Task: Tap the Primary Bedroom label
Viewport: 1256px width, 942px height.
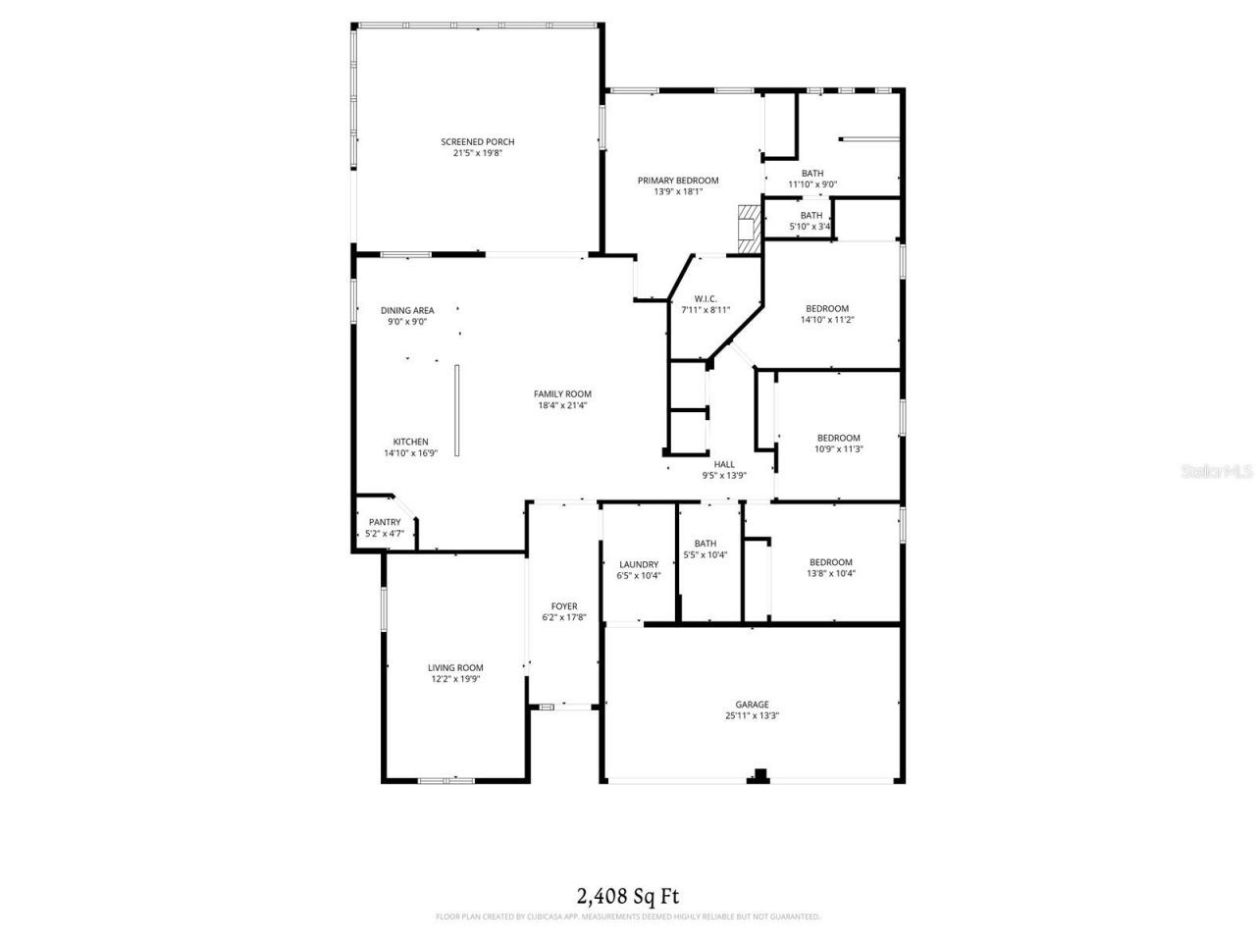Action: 678,180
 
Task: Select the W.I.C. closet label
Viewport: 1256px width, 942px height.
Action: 706,298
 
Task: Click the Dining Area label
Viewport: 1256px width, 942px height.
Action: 407,310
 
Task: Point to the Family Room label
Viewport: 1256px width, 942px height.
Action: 563,393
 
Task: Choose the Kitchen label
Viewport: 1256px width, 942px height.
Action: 410,442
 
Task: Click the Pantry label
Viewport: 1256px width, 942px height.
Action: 385,522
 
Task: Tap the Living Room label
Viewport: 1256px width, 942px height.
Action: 455,667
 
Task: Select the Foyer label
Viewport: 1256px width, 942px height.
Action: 564,605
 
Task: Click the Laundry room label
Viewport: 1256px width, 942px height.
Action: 639,564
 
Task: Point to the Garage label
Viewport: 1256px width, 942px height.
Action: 753,704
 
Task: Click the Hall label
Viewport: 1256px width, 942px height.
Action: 724,464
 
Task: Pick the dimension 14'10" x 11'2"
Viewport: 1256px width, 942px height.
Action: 826,320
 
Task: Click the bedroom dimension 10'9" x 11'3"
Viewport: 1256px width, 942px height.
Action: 838,449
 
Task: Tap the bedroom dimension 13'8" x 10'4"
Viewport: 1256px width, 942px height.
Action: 830,574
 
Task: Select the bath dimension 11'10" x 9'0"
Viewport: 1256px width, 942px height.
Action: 812,184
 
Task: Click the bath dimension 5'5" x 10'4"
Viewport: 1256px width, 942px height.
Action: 705,555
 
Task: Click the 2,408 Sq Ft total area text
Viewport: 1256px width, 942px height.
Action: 627,895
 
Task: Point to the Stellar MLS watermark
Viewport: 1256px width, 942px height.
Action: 1217,471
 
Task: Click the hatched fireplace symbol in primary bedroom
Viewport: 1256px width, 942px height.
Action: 750,230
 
